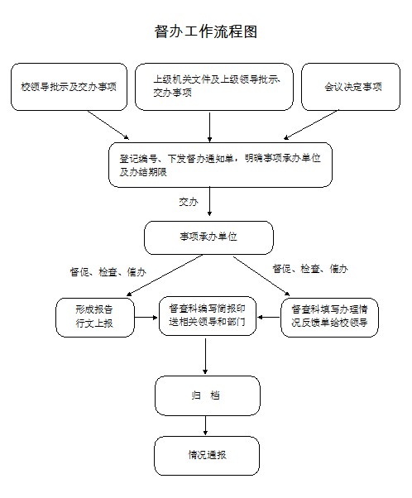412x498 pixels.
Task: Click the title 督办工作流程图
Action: point(206,31)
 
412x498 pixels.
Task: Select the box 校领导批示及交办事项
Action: point(69,87)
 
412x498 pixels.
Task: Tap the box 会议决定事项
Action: point(351,87)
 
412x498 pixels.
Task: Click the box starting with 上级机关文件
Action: point(214,87)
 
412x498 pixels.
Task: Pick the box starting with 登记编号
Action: point(220,165)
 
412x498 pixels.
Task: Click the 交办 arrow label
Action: point(189,202)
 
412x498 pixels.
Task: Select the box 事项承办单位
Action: point(208,237)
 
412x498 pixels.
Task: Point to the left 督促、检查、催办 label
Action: point(108,272)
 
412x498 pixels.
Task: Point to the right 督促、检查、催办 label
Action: point(310,269)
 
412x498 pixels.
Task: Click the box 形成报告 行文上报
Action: point(95,318)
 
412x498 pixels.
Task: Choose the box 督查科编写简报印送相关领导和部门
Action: point(208,316)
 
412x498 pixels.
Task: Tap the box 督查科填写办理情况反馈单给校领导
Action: point(329,318)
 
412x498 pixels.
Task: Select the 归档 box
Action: point(208,395)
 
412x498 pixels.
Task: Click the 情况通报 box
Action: point(207,456)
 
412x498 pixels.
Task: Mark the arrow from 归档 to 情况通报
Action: point(205,425)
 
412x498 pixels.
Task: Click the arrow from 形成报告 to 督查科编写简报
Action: point(146,318)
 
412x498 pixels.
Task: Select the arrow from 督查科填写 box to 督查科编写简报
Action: point(269,318)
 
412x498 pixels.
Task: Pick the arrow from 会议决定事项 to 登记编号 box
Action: point(311,125)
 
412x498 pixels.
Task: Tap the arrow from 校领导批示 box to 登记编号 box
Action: point(108,125)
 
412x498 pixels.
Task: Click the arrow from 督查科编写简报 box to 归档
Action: point(205,356)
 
